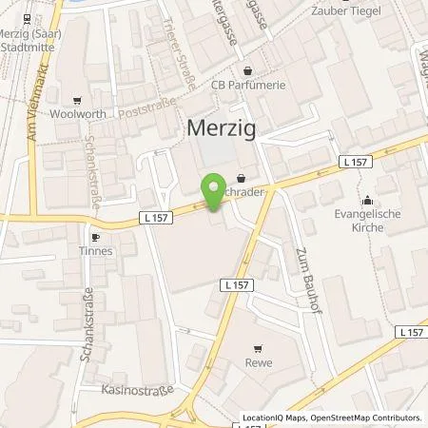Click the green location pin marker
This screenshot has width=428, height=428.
[x=214, y=190]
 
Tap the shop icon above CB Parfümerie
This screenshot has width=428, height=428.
[x=249, y=70]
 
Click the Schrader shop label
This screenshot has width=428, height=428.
[x=244, y=193]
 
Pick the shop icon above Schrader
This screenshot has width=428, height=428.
[x=241, y=177]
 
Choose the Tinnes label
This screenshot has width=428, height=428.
[x=96, y=251]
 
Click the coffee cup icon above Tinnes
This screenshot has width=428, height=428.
[x=95, y=237]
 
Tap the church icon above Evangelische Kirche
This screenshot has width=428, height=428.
[x=367, y=200]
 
